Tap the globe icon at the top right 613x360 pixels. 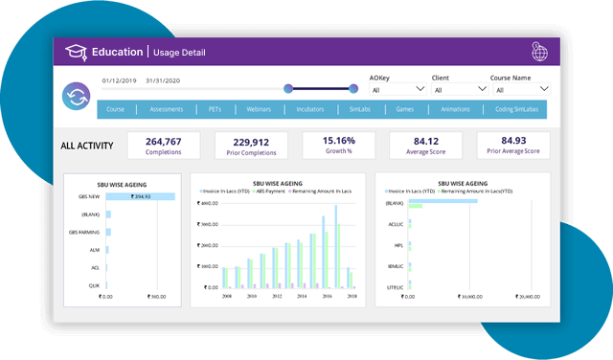pos(540,52)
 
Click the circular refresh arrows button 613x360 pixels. pos(76,96)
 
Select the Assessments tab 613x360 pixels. pos(167,110)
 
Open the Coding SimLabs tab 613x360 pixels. pos(516,110)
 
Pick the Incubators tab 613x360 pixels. pos(310,110)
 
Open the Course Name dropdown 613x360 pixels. pos(517,90)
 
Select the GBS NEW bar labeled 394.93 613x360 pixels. pos(140,196)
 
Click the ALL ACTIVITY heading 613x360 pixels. pos(87,146)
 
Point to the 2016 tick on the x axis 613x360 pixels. pos(327,296)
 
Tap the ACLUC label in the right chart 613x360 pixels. pos(394,224)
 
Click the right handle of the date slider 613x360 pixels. pos(353,89)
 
